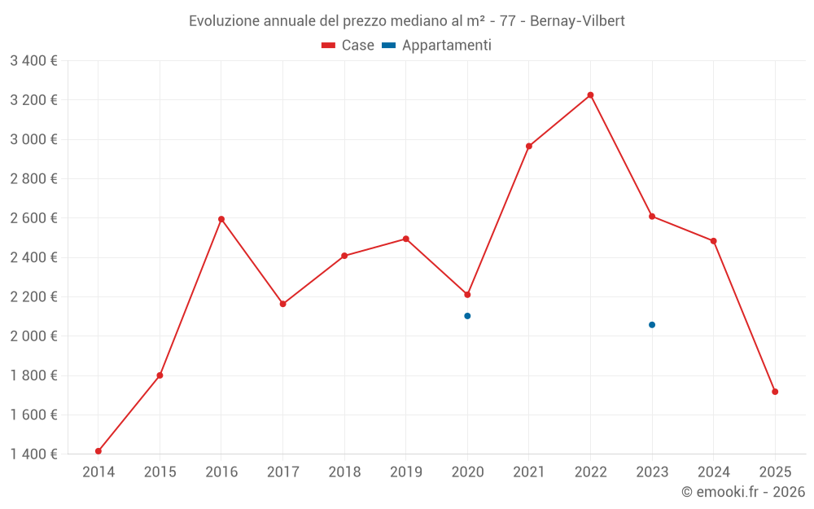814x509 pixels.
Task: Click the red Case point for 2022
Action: (x=590, y=95)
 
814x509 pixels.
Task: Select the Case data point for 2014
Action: (x=98, y=451)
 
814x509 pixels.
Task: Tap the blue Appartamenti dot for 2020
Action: (x=467, y=316)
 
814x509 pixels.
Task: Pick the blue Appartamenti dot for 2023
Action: (x=652, y=325)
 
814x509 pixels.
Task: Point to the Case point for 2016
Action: (x=221, y=219)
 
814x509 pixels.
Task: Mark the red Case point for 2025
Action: (x=775, y=392)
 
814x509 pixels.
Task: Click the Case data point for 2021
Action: (x=529, y=147)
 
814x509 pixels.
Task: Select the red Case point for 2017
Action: (x=282, y=304)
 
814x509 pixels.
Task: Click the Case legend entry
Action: (x=348, y=46)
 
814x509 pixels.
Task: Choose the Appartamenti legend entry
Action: (x=437, y=46)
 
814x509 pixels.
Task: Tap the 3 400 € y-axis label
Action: (x=33, y=61)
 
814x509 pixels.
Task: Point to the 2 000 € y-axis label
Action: (x=33, y=336)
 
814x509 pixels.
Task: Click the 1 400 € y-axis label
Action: (x=33, y=454)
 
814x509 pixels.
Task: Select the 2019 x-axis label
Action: (x=405, y=472)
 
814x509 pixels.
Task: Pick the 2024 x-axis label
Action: (x=713, y=472)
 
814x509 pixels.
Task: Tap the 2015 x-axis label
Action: (x=160, y=472)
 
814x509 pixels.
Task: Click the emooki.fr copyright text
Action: (x=743, y=492)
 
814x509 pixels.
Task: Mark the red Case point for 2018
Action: (x=344, y=256)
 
